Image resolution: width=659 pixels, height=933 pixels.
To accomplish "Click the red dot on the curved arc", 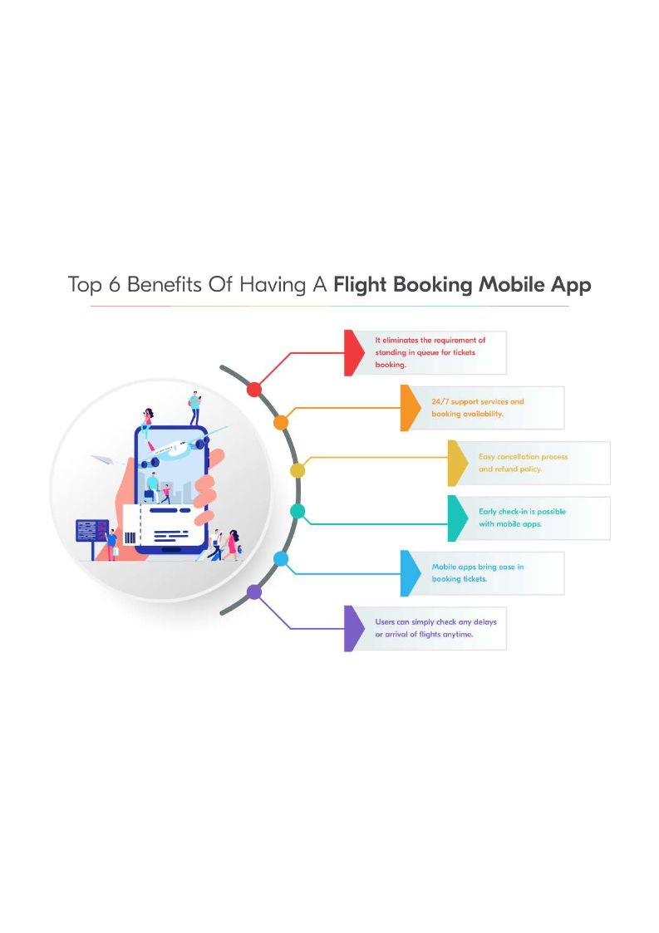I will [x=255, y=389].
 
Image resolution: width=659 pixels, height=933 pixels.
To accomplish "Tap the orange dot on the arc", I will [x=281, y=422].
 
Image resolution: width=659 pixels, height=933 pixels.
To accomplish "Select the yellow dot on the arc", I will [x=298, y=470].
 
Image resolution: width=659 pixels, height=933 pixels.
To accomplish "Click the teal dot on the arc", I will [x=298, y=511].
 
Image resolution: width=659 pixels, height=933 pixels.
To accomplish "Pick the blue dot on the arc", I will [x=281, y=559].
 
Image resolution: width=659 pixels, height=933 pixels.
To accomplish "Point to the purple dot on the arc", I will [x=255, y=592].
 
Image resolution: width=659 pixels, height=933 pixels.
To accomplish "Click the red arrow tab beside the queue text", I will [x=354, y=353].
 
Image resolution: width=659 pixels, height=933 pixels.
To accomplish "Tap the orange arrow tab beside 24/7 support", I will [x=410, y=407].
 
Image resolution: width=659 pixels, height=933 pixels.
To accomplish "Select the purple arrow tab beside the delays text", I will [x=354, y=628].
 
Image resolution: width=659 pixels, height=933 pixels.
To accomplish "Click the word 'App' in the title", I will [x=569, y=285].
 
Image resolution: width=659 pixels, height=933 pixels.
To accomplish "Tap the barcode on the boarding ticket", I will [x=130, y=538].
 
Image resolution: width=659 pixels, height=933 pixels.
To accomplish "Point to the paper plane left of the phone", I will [x=101, y=459].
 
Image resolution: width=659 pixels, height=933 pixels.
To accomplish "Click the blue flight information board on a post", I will [x=91, y=530].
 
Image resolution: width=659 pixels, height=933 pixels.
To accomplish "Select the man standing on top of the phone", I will [x=194, y=408].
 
